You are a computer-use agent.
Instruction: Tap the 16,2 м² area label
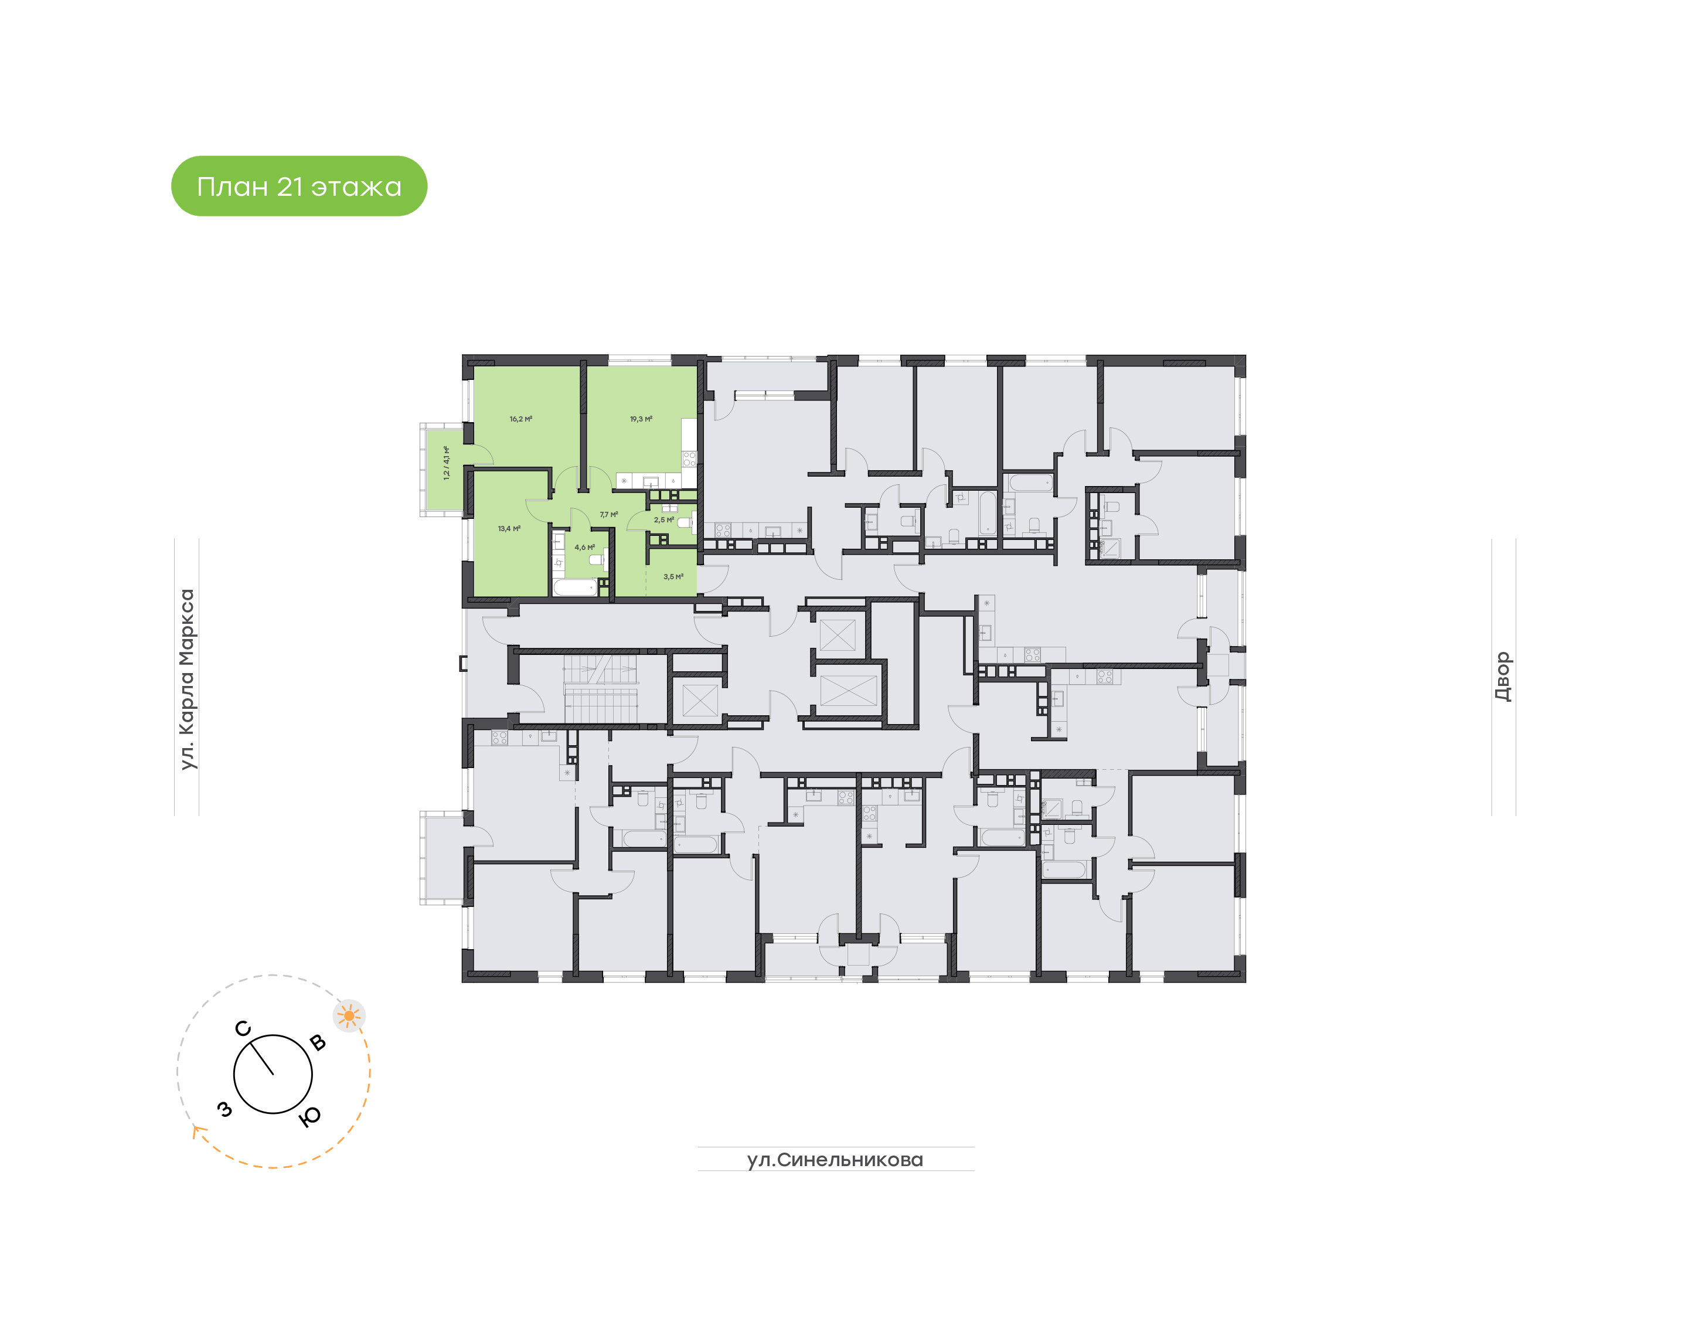520,419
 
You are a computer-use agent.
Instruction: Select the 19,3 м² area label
641,419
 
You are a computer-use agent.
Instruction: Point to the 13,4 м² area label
509,528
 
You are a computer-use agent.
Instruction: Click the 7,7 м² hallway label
608,514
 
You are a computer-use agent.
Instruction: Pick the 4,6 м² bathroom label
584,547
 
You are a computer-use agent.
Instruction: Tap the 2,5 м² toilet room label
663,520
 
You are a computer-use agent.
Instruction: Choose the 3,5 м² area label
673,576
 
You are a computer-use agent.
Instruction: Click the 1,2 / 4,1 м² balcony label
446,463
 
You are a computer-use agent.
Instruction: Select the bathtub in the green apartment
574,587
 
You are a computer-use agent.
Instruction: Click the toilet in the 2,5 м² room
685,522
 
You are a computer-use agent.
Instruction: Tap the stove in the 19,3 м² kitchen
689,458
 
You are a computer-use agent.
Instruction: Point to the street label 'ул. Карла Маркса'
187,679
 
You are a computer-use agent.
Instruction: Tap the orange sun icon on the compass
349,1015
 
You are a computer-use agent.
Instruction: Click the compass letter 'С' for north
243,1029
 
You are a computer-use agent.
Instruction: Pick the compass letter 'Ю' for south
309,1116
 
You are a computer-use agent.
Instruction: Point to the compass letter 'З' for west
225,1109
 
